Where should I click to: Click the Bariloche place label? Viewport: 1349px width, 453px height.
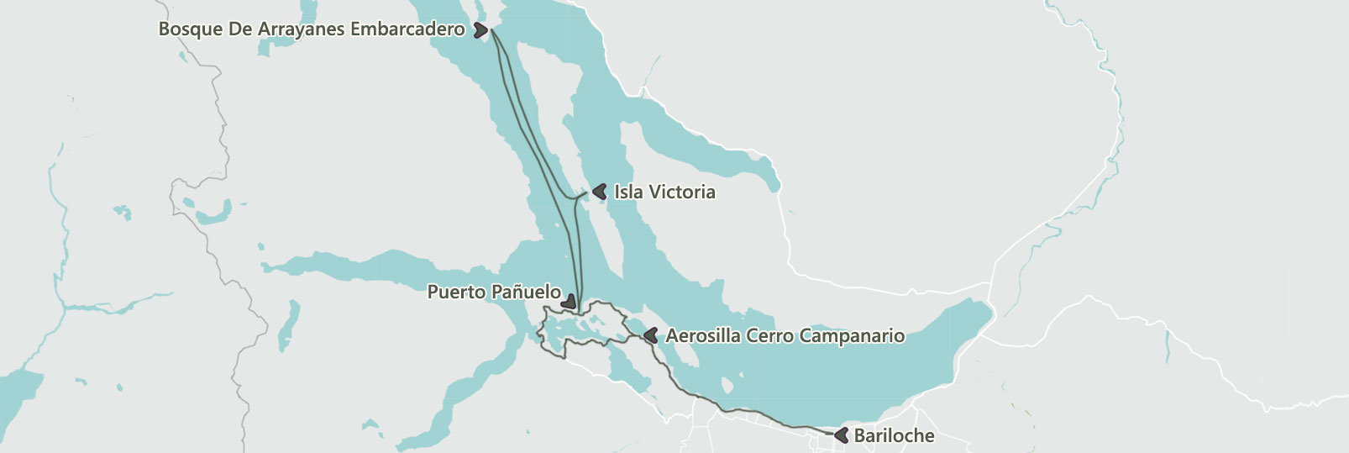pyautogui.click(x=894, y=435)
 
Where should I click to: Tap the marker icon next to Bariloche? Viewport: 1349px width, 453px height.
pyautogui.click(x=842, y=435)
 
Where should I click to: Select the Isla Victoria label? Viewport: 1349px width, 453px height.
pyautogui.click(x=664, y=192)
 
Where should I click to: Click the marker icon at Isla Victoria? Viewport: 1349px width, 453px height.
pyautogui.click(x=600, y=192)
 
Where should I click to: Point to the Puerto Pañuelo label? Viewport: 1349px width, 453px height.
pyautogui.click(x=494, y=292)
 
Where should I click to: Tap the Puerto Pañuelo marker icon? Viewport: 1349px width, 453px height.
pyautogui.click(x=570, y=301)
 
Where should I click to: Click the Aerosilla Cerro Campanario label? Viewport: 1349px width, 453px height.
pyautogui.click(x=785, y=336)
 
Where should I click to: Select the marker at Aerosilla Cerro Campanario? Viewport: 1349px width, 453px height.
pyautogui.click(x=650, y=335)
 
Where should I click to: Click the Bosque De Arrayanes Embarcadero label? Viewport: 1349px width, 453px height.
pyautogui.click(x=311, y=29)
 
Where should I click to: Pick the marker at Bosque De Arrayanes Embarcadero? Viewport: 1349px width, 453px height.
pyautogui.click(x=480, y=30)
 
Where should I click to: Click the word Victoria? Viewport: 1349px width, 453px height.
pyautogui.click(x=681, y=192)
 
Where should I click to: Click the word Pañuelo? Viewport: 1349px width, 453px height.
pyautogui.click(x=526, y=292)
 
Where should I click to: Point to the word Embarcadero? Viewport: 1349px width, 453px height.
pyautogui.click(x=407, y=29)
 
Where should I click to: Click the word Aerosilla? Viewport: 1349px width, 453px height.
pyautogui.click(x=703, y=336)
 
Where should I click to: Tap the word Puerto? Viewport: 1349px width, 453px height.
pyautogui.click(x=457, y=292)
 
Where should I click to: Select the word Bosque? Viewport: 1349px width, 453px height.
pyautogui.click(x=190, y=29)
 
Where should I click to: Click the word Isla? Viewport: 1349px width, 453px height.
pyautogui.click(x=628, y=192)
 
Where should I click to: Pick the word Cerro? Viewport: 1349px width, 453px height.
pyautogui.click(x=769, y=336)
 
